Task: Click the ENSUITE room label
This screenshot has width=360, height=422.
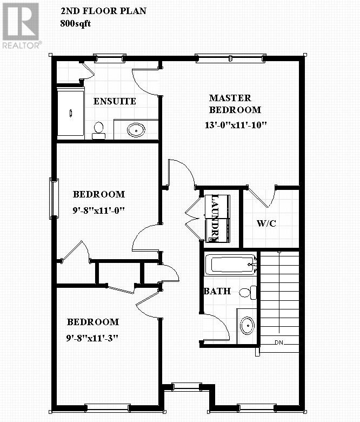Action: click(x=115, y=101)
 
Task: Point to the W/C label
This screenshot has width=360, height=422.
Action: click(x=266, y=223)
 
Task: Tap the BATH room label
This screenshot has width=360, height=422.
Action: click(x=217, y=291)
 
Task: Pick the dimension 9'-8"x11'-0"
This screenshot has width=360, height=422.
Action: click(x=99, y=209)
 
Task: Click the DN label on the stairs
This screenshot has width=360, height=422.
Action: click(x=279, y=342)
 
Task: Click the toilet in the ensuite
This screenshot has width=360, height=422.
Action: click(x=98, y=130)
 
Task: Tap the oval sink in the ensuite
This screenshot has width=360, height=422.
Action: click(x=136, y=130)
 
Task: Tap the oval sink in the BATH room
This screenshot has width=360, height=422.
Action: click(x=247, y=326)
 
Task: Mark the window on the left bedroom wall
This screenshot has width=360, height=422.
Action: click(x=54, y=198)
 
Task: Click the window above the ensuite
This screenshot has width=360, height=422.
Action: click(x=109, y=56)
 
